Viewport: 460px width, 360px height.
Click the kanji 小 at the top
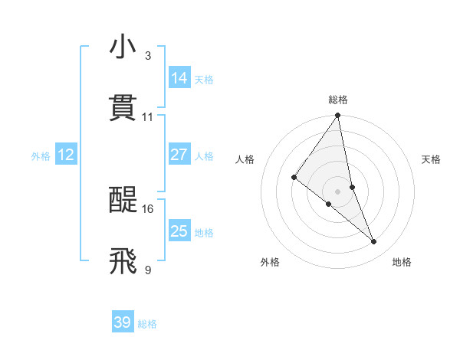123,47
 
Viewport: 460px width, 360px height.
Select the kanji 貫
123,108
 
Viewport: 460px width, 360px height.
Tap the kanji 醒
123,201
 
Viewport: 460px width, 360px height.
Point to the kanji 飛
123,261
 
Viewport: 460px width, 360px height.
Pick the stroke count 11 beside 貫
148,117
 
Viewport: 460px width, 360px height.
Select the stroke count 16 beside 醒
148,209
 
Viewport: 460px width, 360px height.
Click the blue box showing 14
179,78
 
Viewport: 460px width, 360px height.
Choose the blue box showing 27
179,155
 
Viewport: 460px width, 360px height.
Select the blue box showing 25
179,231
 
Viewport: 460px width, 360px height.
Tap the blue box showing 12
66,155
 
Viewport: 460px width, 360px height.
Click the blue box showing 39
123,322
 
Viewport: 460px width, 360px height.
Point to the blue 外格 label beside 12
41,156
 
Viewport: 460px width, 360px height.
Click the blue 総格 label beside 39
147,324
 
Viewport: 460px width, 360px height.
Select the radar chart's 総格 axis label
338,100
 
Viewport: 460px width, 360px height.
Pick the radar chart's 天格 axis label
432,159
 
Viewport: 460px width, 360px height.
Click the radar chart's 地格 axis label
402,263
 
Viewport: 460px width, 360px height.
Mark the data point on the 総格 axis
338,116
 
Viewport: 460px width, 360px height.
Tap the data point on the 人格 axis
294,178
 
